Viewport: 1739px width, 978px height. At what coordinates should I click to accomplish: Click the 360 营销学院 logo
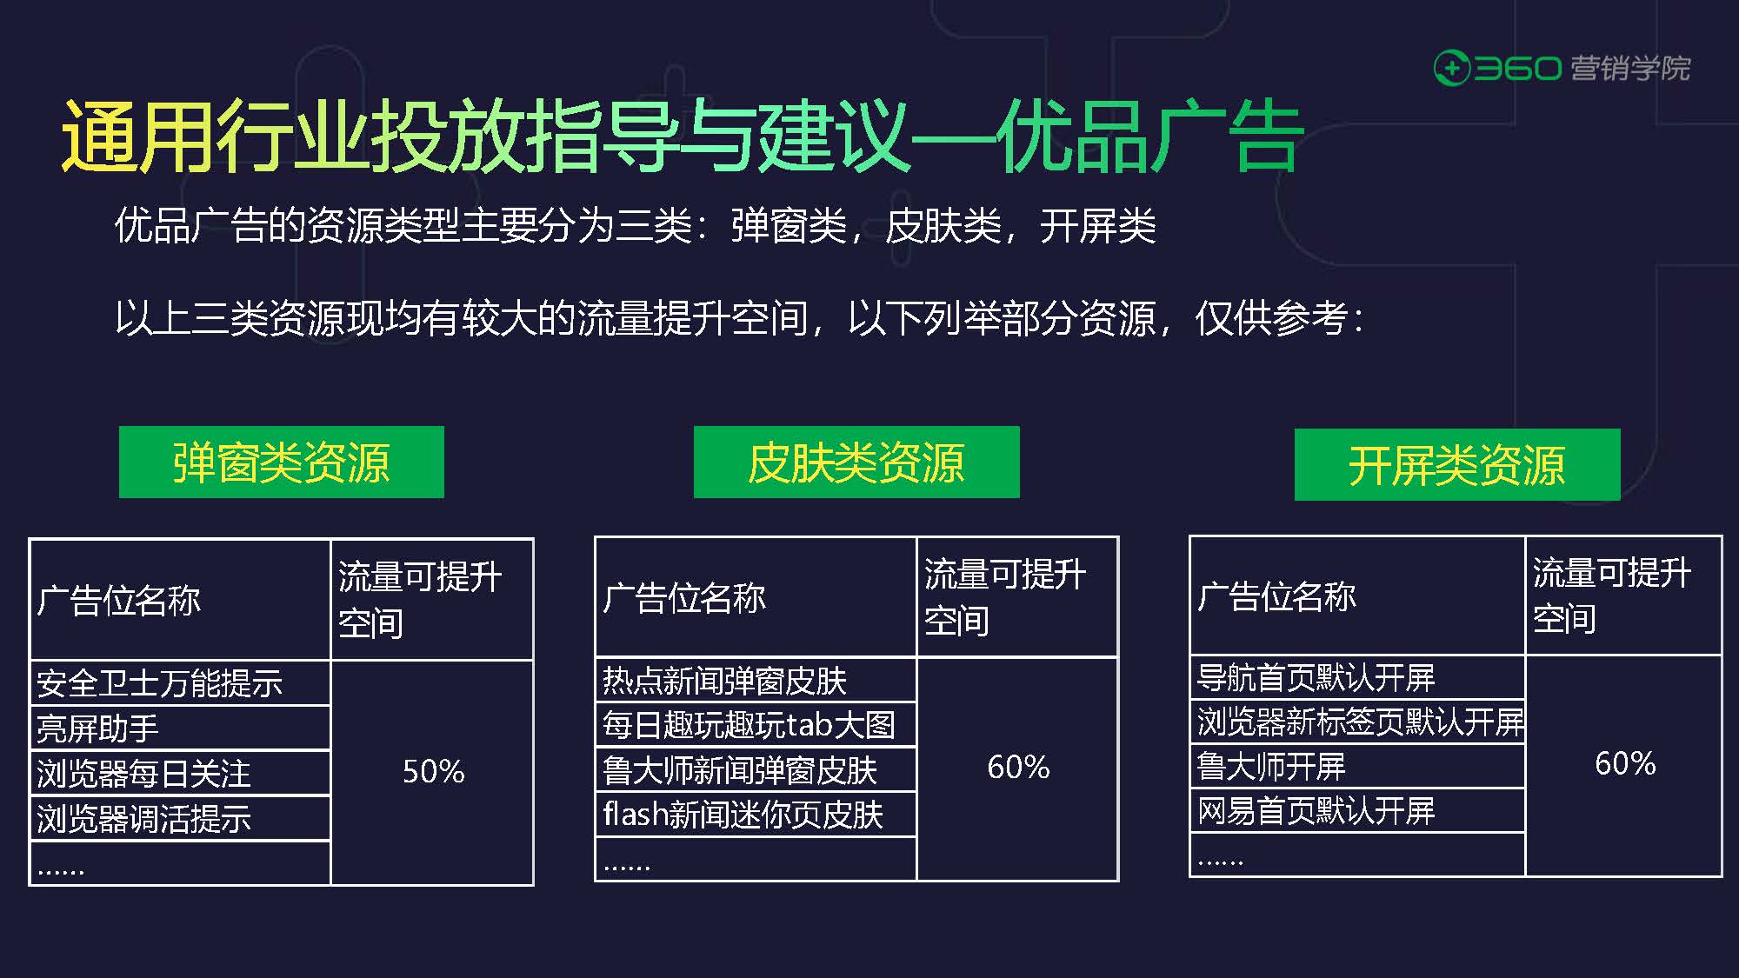coord(1561,68)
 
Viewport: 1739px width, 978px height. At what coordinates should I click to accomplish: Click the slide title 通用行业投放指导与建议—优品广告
coord(681,136)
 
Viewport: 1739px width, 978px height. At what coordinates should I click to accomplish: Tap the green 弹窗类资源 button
coord(281,462)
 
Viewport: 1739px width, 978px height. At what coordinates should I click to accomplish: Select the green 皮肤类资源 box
coord(856,462)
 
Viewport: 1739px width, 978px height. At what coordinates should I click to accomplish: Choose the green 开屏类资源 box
coord(1456,464)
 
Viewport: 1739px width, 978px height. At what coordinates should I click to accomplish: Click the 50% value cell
coord(432,772)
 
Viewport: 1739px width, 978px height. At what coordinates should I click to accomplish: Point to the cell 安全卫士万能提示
coord(180,683)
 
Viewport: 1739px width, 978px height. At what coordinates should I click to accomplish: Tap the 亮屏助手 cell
coord(180,729)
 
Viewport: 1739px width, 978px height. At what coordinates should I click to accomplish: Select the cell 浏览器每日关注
coord(180,774)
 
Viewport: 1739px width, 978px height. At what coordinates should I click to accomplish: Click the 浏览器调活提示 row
coord(180,819)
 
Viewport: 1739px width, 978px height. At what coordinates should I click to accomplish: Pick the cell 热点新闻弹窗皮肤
coord(755,681)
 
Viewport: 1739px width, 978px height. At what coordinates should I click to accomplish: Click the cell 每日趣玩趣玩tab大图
coord(755,725)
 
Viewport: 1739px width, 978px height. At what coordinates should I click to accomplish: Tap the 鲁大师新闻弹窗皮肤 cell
coord(755,770)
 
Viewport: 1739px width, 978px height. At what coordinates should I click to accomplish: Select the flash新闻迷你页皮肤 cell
coord(755,815)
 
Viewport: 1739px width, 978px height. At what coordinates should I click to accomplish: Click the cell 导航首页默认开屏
coord(1356,677)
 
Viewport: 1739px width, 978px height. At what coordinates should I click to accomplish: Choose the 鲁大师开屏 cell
coord(1356,766)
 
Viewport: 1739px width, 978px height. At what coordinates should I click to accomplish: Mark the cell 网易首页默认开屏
coord(1356,811)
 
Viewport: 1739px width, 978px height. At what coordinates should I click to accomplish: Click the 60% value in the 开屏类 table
coord(1624,764)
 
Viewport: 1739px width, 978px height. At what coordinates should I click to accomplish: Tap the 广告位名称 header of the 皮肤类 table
coord(755,597)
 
